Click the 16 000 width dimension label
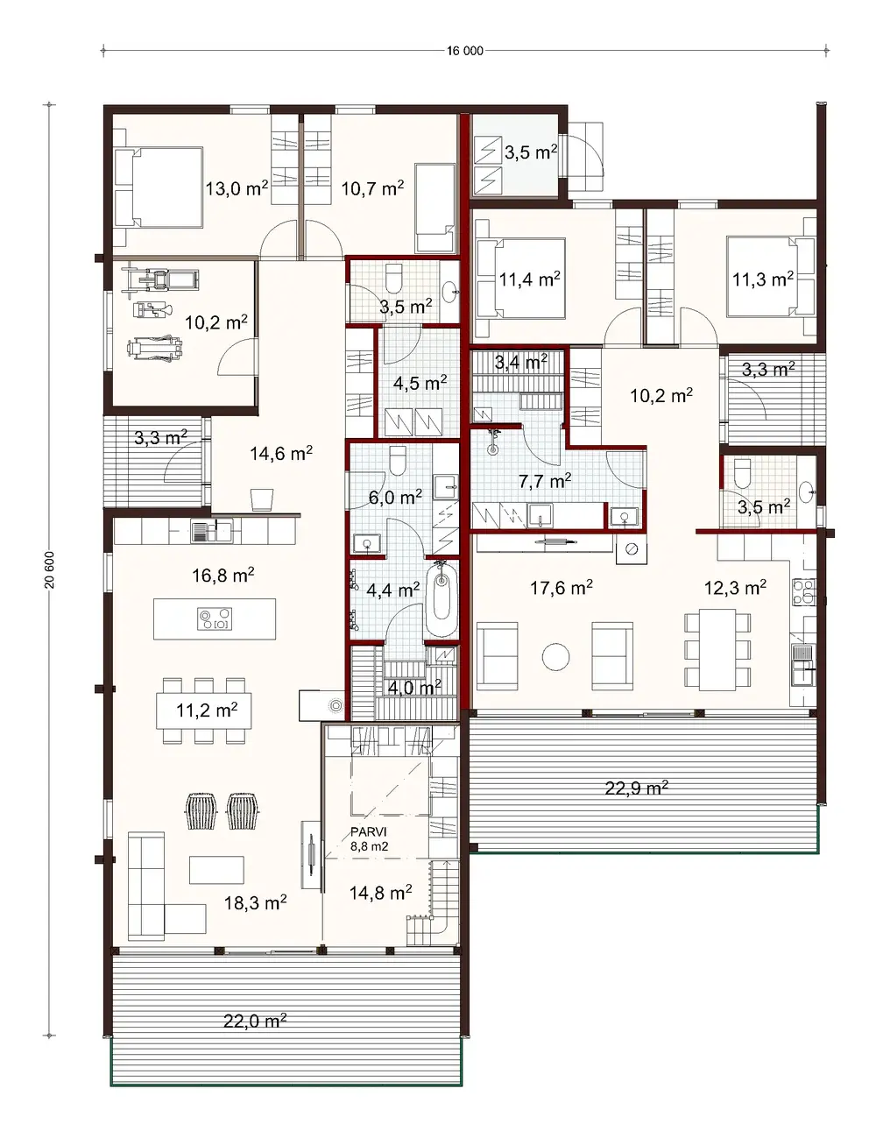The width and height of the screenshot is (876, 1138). click(464, 51)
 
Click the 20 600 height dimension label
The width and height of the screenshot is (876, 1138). click(50, 570)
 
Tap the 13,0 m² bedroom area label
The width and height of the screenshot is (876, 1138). click(237, 187)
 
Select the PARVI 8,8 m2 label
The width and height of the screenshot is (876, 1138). click(369, 839)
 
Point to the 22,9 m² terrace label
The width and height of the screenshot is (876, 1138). click(636, 788)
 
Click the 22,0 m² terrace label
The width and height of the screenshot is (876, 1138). click(255, 1020)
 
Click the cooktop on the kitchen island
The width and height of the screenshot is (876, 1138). click(215, 618)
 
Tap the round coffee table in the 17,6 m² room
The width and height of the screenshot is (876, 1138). click(555, 656)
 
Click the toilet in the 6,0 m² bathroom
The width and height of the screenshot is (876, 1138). click(398, 458)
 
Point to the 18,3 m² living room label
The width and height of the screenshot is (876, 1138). click(255, 902)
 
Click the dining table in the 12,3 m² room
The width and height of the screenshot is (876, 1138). click(717, 648)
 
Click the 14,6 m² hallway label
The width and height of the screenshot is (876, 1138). click(281, 453)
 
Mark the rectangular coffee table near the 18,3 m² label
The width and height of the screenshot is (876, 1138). click(217, 869)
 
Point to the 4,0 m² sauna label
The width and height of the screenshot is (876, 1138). click(414, 688)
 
